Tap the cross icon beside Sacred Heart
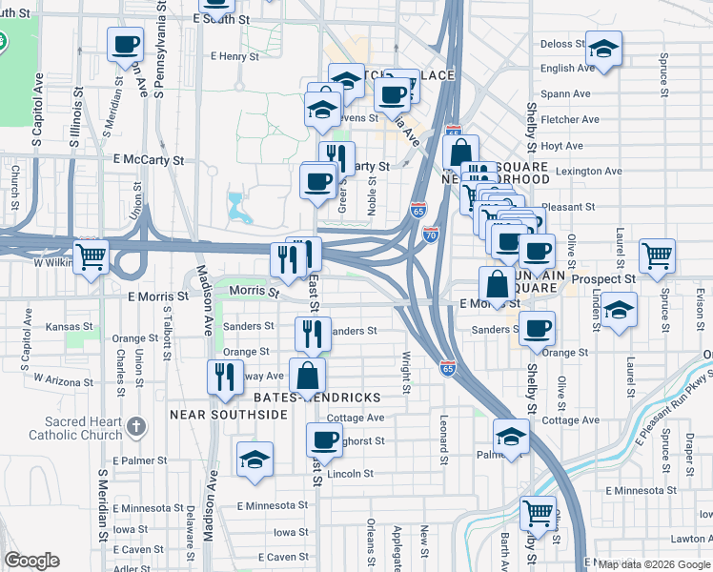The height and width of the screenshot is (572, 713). [x=136, y=425]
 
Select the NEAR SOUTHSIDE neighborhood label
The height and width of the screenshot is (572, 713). [x=228, y=415]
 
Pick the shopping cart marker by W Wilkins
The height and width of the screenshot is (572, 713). [x=92, y=256]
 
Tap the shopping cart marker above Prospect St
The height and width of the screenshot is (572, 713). [x=657, y=255]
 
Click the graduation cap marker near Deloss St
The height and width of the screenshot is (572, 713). [x=603, y=49]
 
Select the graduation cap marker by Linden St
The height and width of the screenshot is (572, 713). [x=619, y=311]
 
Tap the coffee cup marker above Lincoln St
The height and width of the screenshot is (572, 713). [x=324, y=440]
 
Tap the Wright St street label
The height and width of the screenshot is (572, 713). [x=406, y=373]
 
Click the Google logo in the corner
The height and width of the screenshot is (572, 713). [x=32, y=561]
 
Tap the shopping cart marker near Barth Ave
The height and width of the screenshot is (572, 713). [x=539, y=513]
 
